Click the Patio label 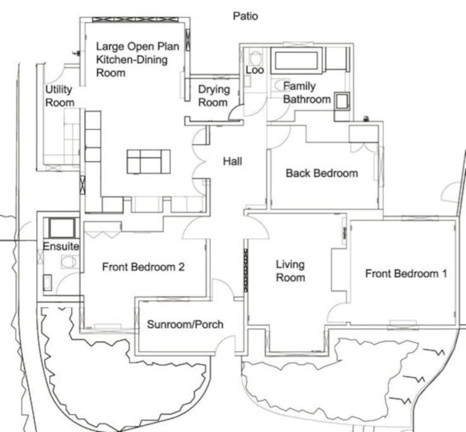point(245,16)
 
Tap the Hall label point(233,161)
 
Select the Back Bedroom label point(322,173)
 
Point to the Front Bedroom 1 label point(406,273)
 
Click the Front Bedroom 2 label point(144,267)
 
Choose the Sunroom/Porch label point(185,324)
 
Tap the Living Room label point(290,271)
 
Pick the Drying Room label point(214,96)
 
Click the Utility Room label point(59,96)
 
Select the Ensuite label point(61,246)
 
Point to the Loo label point(255,70)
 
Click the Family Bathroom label point(307,92)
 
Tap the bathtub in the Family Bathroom point(297,60)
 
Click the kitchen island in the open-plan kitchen point(149,161)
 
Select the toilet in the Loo point(255,57)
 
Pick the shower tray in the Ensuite point(62,228)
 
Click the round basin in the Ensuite point(69,262)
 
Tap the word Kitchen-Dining point(132,59)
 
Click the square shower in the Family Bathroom point(342,101)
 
